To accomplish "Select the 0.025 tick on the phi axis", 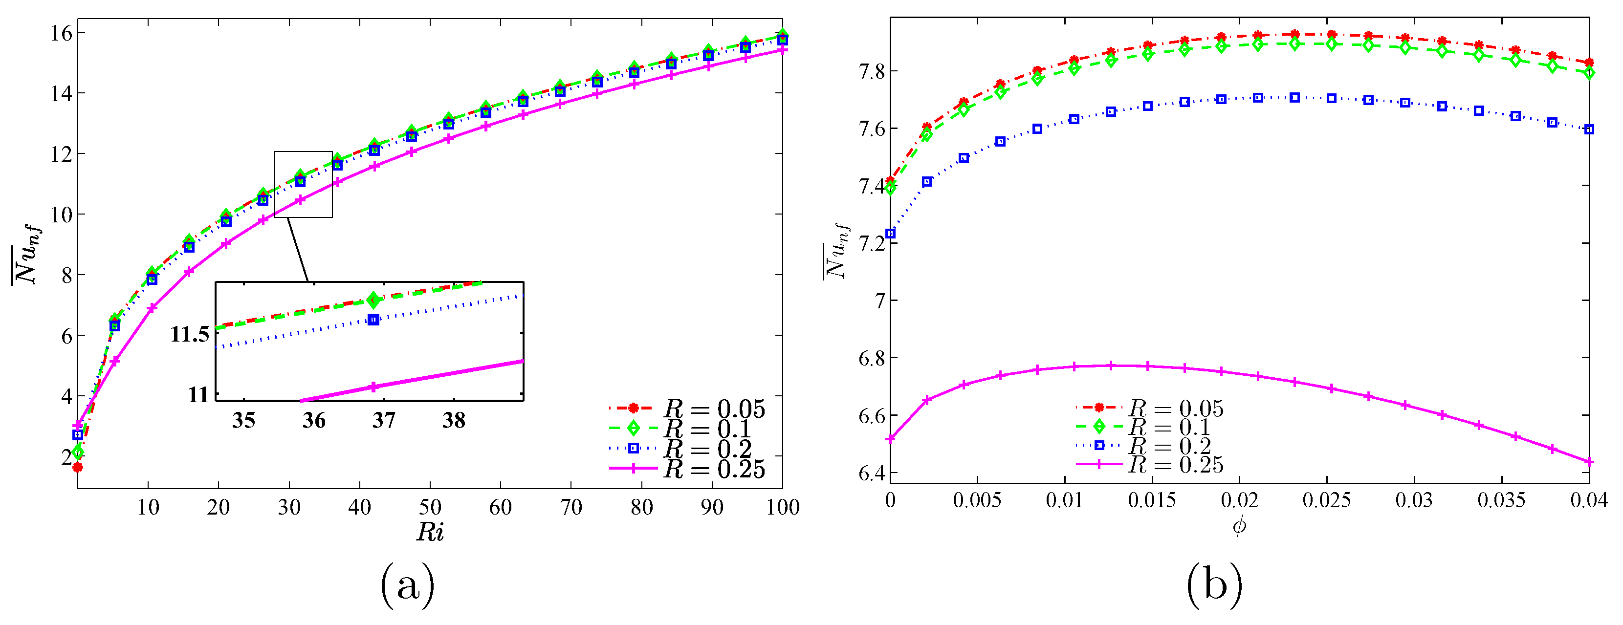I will tap(1327, 500).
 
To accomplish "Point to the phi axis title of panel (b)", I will tap(1239, 525).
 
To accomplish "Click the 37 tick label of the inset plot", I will tap(384, 420).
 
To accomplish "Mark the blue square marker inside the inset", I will tap(373, 320).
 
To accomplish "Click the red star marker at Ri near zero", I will tap(78, 467).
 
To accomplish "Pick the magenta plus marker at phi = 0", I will tap(890, 438).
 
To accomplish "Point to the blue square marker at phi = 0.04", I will tap(1589, 129).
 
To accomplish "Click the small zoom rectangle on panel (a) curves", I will tap(303, 185).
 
